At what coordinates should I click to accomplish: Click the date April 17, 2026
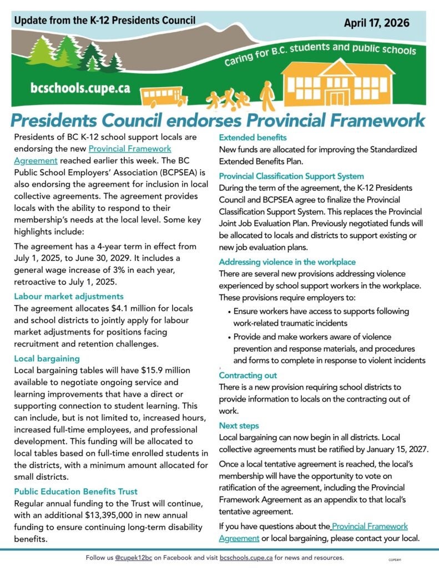[x=376, y=23]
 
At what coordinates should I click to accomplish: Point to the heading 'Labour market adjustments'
[x=69, y=296]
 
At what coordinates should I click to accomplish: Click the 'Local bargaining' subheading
[x=47, y=358]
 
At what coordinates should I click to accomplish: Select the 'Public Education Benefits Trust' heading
[x=75, y=491]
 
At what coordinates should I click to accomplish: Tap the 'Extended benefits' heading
[x=253, y=138]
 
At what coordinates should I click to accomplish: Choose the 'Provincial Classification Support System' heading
[x=291, y=176]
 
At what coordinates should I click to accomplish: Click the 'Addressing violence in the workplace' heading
[x=287, y=262]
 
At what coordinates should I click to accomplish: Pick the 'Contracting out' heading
[x=248, y=376]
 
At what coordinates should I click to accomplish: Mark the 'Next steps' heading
[x=239, y=425]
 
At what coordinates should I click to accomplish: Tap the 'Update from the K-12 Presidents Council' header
[x=105, y=21]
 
